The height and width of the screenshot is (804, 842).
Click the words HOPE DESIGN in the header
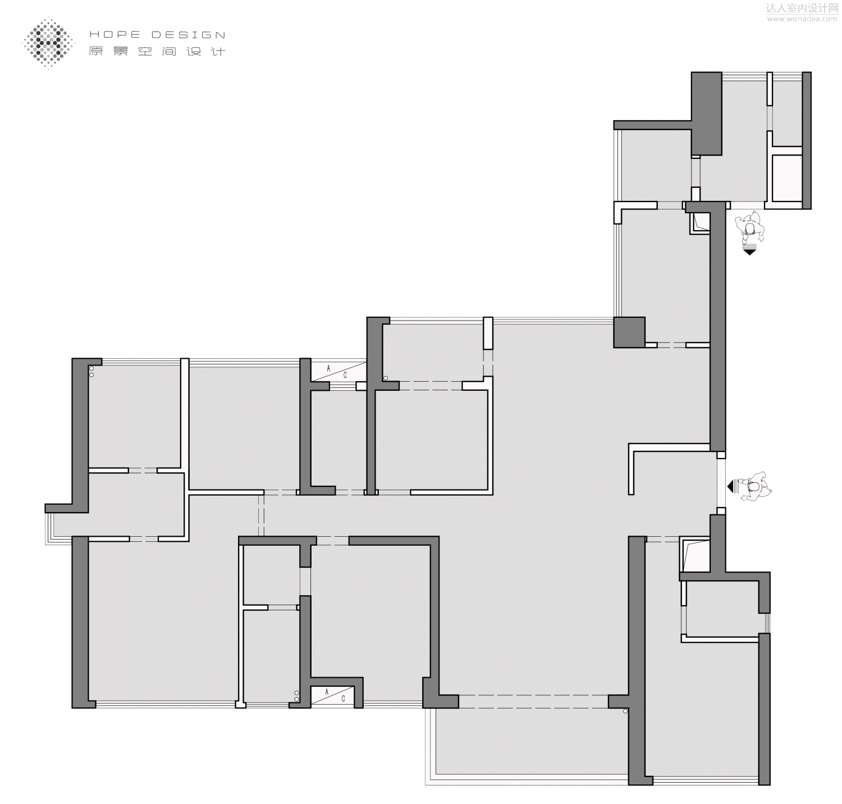(157, 35)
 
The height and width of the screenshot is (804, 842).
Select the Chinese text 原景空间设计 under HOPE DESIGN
(157, 51)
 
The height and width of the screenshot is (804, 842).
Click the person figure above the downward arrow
(750, 227)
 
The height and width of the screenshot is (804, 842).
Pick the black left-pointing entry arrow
(731, 486)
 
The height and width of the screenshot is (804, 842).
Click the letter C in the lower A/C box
(342, 698)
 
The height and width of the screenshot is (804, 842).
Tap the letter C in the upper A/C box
(345, 375)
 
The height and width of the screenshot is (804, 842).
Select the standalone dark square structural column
(629, 332)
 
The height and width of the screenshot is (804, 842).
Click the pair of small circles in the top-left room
(91, 372)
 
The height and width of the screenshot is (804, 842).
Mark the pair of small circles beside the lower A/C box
(296, 696)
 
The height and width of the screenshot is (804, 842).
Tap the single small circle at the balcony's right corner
(625, 712)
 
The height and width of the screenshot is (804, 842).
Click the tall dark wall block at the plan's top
(706, 113)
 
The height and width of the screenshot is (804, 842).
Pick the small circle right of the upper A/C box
(386, 378)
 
